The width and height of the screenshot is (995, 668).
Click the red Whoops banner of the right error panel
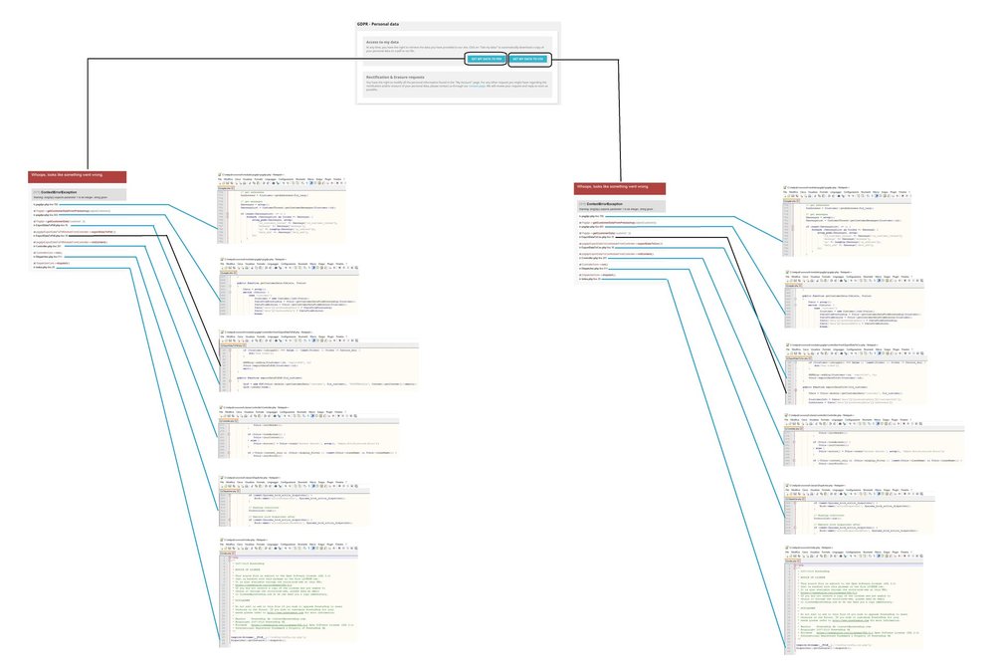coord(621,186)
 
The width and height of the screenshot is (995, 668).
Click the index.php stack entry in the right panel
coord(589,280)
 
